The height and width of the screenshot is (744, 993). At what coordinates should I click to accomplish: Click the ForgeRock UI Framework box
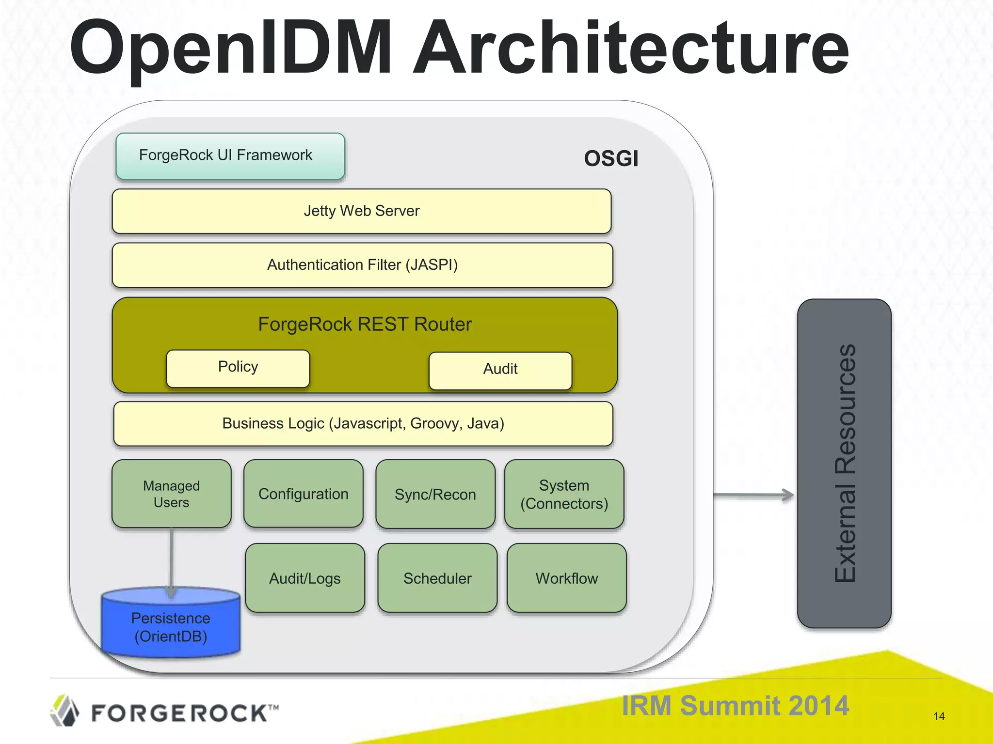(x=230, y=156)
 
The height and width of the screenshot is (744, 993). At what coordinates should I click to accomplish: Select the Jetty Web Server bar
(x=361, y=211)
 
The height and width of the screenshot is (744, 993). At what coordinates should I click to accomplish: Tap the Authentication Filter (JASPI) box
(x=362, y=265)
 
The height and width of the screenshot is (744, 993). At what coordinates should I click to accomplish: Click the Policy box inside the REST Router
(x=238, y=368)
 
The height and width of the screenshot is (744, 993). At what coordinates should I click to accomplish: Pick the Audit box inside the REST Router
(x=500, y=371)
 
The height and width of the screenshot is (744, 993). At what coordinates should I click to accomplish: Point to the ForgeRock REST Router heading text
(x=365, y=324)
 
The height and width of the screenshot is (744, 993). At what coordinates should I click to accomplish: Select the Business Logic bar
(x=363, y=424)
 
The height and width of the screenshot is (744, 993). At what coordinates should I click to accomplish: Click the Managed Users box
(x=171, y=494)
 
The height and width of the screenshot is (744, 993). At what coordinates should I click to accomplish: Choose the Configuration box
(x=303, y=494)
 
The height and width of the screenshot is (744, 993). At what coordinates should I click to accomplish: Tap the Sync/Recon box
(x=435, y=494)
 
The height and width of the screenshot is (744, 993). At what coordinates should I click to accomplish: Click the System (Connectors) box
(x=564, y=494)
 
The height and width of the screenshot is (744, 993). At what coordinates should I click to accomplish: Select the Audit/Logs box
(x=304, y=578)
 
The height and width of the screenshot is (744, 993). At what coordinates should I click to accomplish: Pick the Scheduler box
(x=437, y=578)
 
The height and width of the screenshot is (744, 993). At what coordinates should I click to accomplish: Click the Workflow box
(x=566, y=578)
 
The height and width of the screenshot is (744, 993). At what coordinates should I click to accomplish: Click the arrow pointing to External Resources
(x=754, y=495)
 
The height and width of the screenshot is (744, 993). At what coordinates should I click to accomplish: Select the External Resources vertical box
(x=844, y=463)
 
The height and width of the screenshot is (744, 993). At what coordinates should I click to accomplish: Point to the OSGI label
(x=611, y=159)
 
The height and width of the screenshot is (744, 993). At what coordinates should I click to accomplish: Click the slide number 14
(x=939, y=716)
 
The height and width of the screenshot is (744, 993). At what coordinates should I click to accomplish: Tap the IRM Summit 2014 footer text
(x=735, y=706)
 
